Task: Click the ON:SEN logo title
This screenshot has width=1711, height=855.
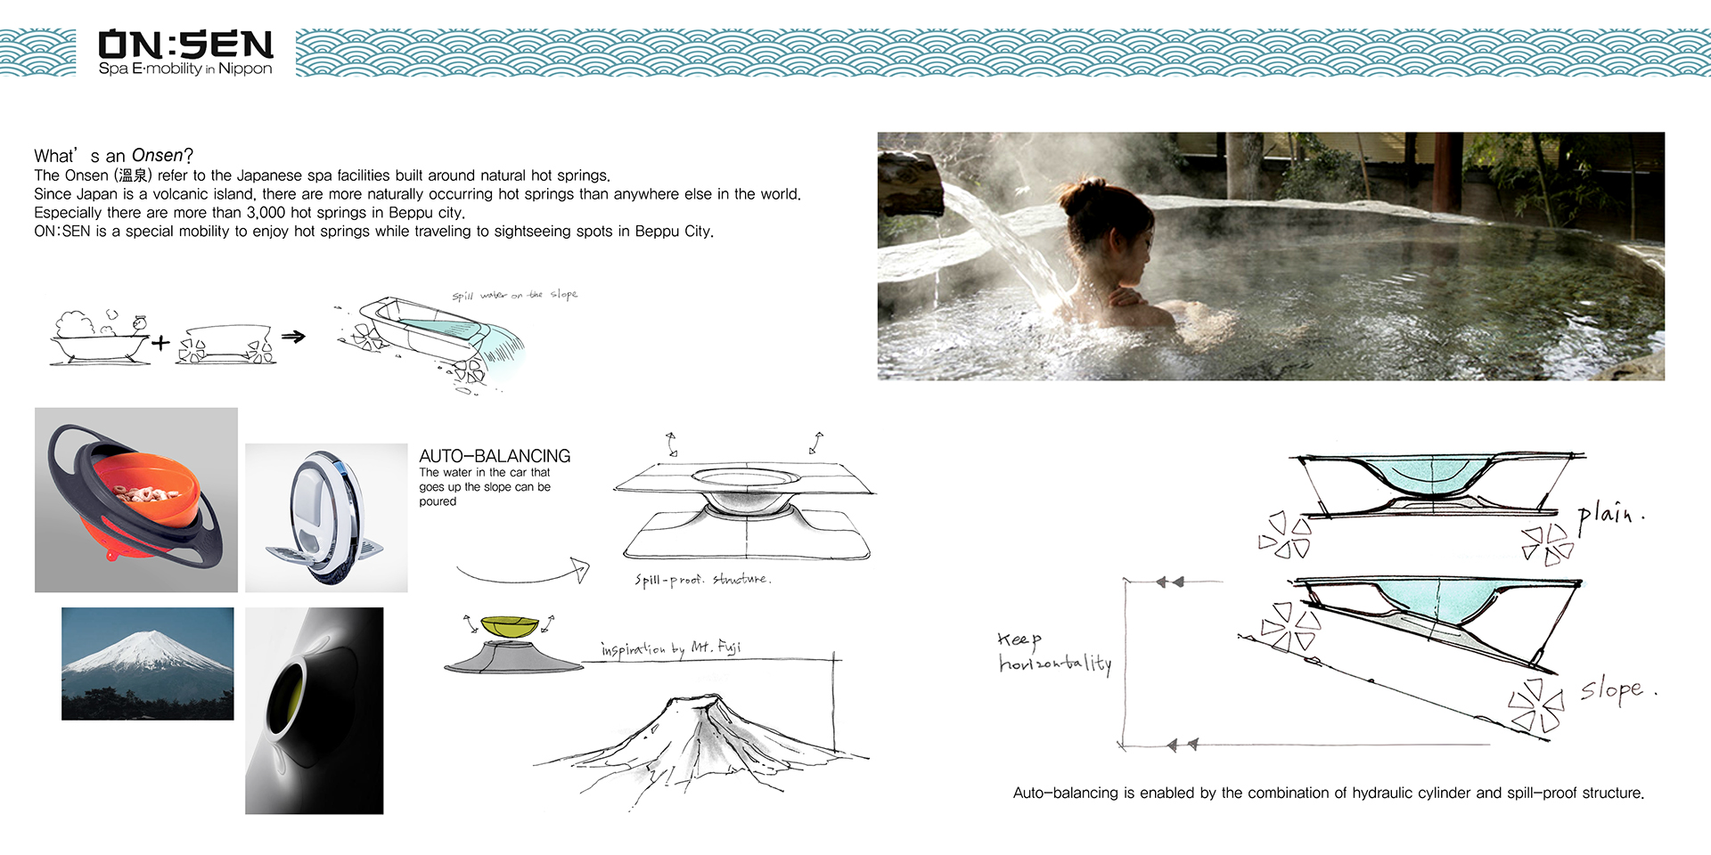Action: (x=185, y=45)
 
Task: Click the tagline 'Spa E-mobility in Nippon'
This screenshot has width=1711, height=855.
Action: (x=185, y=69)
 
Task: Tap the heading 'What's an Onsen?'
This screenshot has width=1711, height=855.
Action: (x=113, y=156)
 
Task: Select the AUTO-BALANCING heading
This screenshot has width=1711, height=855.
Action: (x=495, y=456)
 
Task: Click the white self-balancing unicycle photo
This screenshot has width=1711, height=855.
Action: (x=326, y=518)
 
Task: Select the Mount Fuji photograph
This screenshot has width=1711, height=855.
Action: (x=148, y=664)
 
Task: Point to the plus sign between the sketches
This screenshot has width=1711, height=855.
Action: (x=160, y=342)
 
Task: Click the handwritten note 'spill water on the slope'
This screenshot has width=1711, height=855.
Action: (x=514, y=295)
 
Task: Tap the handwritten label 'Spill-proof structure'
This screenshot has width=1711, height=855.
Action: (x=702, y=580)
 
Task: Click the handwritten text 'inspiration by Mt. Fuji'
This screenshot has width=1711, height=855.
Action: (x=671, y=647)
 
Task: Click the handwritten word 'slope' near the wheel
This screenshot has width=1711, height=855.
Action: (x=1618, y=689)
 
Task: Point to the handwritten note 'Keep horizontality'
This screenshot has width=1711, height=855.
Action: (x=1054, y=653)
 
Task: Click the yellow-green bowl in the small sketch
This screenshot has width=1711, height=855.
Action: (x=510, y=625)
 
